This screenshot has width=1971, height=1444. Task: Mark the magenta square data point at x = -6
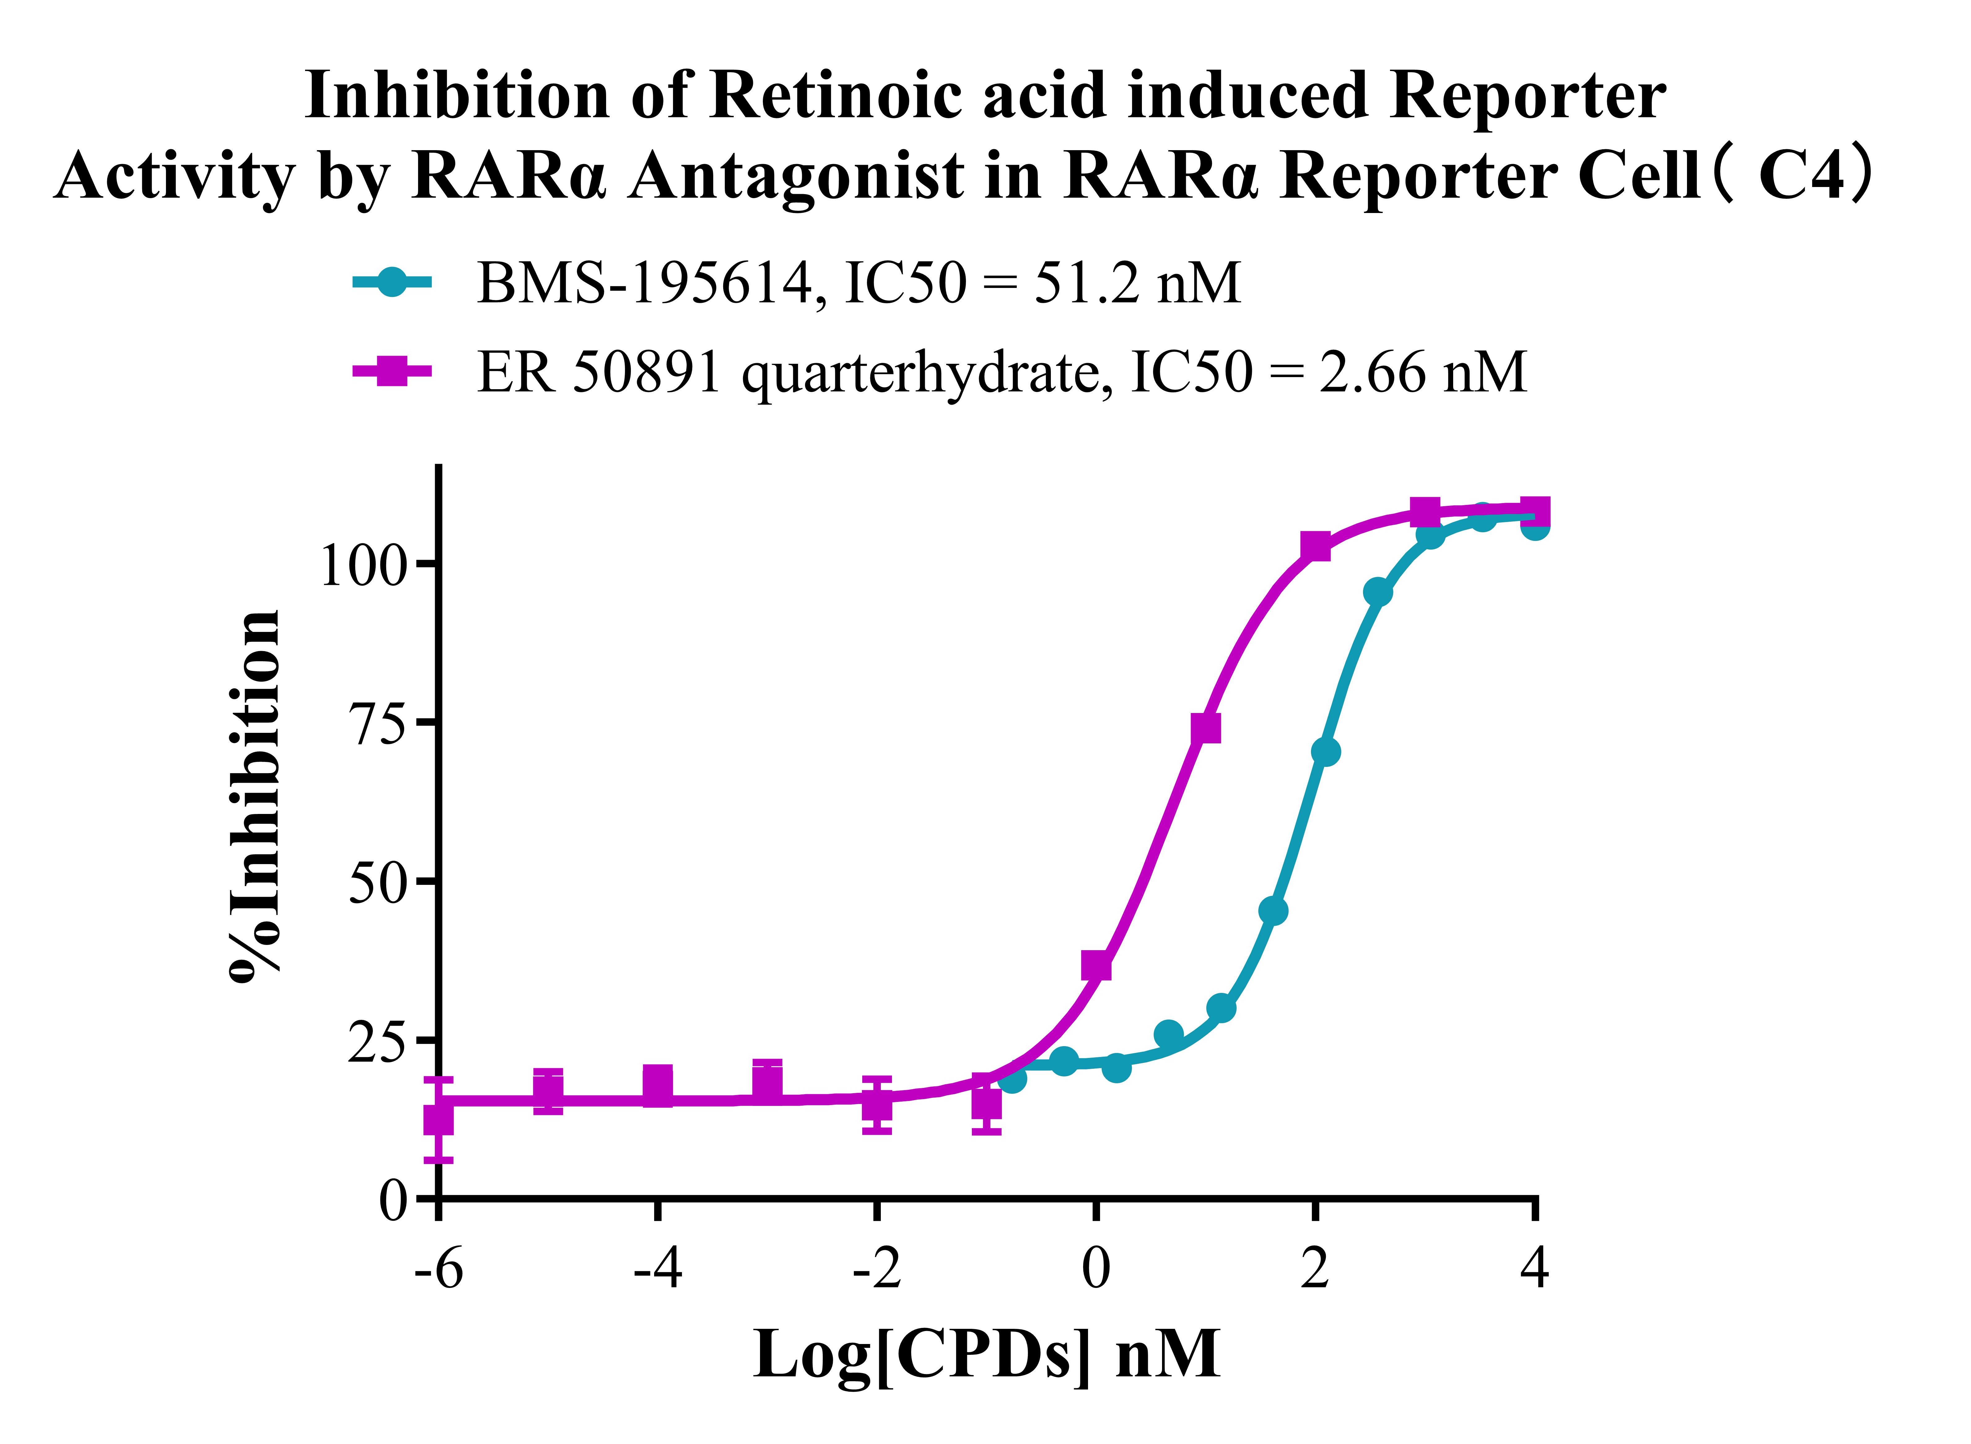438,1120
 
